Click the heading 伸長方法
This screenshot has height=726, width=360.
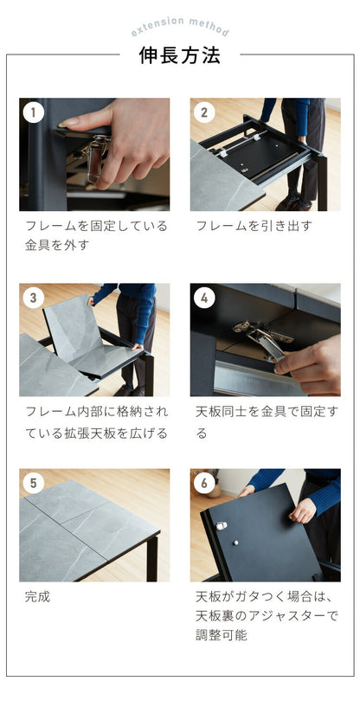pyautogui.click(x=180, y=56)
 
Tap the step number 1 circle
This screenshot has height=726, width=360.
pyautogui.click(x=33, y=112)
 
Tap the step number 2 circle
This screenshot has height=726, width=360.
pyautogui.click(x=204, y=112)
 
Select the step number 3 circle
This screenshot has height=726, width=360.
pyautogui.click(x=33, y=298)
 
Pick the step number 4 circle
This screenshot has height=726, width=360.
pyautogui.click(x=204, y=298)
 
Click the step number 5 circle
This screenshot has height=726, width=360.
pyautogui.click(x=33, y=483)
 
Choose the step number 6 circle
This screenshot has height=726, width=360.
pyautogui.click(x=204, y=483)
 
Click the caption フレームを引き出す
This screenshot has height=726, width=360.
pyautogui.click(x=254, y=226)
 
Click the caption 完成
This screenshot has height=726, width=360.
pyautogui.click(x=38, y=596)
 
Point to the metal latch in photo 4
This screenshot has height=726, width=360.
pyautogui.click(x=260, y=339)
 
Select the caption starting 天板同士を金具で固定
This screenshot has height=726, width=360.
pyautogui.click(x=265, y=421)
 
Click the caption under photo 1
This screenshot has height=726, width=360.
pyautogui.click(x=95, y=235)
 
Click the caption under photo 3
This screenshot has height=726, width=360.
pyautogui.click(x=95, y=421)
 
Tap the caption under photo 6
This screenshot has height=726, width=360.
pyautogui.click(x=264, y=615)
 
